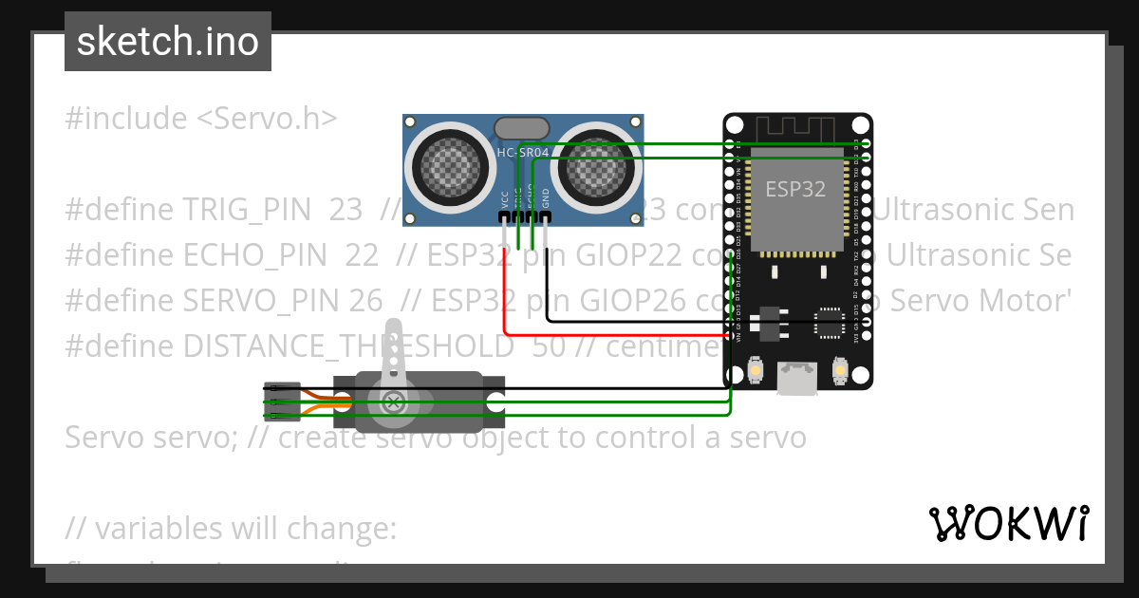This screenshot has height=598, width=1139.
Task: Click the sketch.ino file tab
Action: pyautogui.click(x=167, y=42)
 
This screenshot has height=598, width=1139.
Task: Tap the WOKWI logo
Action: pyautogui.click(x=1008, y=523)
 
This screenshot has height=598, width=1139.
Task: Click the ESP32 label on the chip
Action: pyautogui.click(x=795, y=189)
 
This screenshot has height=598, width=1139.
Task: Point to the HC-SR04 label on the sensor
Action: pyautogui.click(x=523, y=153)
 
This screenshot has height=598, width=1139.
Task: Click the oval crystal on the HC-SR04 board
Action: pyautogui.click(x=522, y=128)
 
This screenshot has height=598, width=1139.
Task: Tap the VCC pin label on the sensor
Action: pyautogui.click(x=504, y=198)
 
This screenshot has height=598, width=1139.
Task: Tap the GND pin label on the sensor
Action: pyautogui.click(x=546, y=197)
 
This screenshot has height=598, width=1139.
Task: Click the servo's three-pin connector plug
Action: pyautogui.click(x=282, y=402)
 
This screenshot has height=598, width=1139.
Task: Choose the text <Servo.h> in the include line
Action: pyautogui.click(x=267, y=119)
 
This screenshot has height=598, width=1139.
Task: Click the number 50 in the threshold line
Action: pyautogui.click(x=548, y=346)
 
